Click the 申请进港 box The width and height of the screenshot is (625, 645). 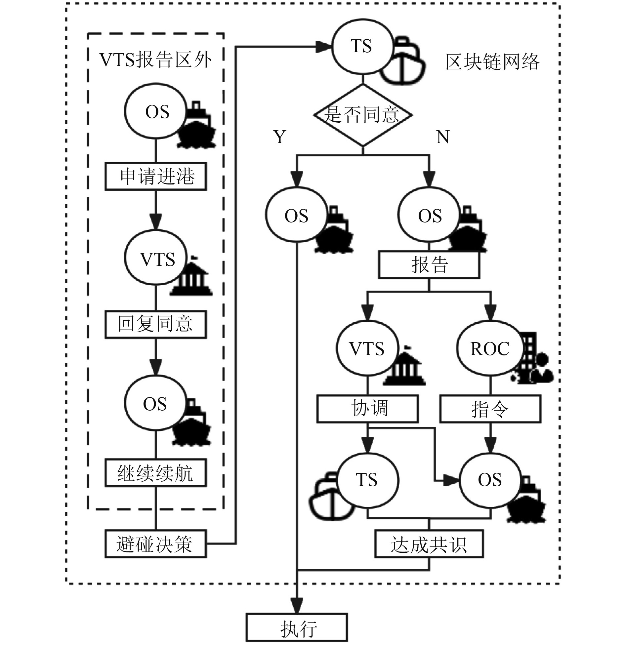pos(156,176)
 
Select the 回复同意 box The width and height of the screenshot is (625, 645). pos(156,324)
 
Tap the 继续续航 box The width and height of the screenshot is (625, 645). pos(156,472)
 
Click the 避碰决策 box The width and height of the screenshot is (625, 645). pos(156,544)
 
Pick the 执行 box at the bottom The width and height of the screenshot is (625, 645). pos(297,627)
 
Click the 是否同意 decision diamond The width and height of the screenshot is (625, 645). pos(362,115)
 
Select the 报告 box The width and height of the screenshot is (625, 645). pos(429,265)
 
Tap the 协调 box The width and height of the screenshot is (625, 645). pos(367,409)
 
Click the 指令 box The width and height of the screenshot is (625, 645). pos(490,409)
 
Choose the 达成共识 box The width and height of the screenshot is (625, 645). pos(429,544)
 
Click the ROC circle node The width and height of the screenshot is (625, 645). pos(490,348)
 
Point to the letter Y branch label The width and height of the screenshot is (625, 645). pos(280,137)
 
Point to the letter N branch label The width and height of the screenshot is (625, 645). pos(443,137)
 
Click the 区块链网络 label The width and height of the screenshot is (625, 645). pos(492,62)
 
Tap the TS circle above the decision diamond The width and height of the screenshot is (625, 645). pos(362,46)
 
